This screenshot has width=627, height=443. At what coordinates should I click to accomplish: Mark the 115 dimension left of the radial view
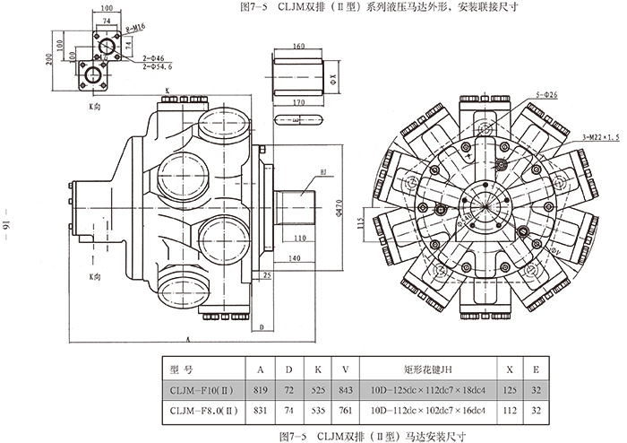tap(360, 221)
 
